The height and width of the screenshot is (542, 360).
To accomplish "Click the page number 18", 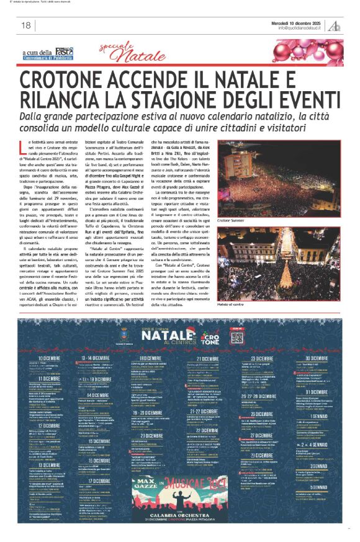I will [x=26, y=25].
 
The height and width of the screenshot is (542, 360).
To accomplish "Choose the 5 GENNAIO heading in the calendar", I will [x=313, y=487].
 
